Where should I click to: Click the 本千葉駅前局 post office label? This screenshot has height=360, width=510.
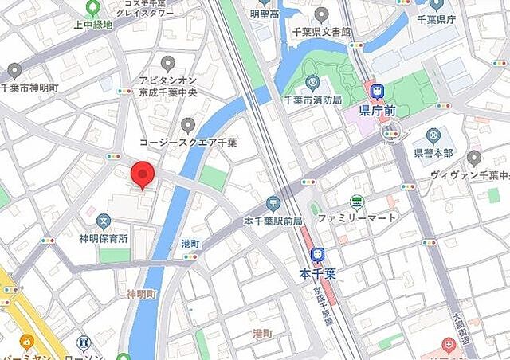(x=273, y=221)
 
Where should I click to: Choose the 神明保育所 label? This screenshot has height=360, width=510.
(x=103, y=237)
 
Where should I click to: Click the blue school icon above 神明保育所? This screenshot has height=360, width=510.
(x=103, y=220)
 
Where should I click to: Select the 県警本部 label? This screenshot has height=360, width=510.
(x=433, y=153)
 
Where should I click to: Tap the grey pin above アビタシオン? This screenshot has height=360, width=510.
(x=167, y=62)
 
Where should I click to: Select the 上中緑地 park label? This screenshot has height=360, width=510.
(x=93, y=24)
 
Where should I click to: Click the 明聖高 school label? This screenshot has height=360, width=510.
(x=264, y=14)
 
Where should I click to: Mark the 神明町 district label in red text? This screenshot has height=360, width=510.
(x=142, y=294)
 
